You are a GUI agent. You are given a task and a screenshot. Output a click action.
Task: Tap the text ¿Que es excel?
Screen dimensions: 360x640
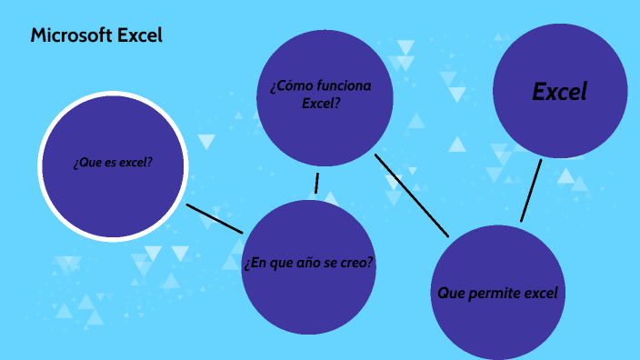pyautogui.click(x=113, y=164)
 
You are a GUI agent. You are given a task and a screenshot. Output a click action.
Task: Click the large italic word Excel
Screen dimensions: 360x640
pyautogui.click(x=560, y=91)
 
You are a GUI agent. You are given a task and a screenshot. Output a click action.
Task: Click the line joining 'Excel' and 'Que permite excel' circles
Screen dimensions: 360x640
pyautogui.click(x=531, y=191)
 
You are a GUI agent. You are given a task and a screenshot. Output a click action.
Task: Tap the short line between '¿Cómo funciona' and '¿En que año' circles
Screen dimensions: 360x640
pyautogui.click(x=316, y=183)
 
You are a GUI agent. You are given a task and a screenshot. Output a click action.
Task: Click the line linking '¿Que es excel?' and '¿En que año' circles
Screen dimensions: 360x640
pyautogui.click(x=215, y=218)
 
